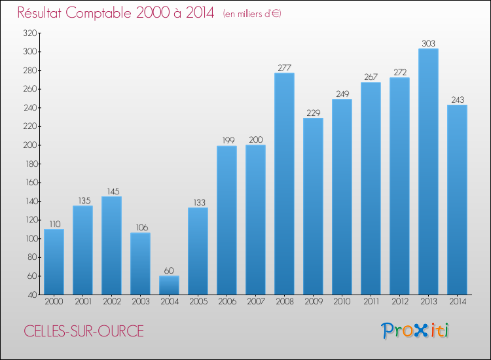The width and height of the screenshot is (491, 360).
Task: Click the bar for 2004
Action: pyautogui.click(x=169, y=285)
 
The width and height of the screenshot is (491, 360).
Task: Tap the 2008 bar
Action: pyautogui.click(x=284, y=183)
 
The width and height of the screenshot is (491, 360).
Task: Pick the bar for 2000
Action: pyautogui.click(x=54, y=262)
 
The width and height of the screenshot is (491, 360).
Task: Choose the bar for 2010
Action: pyautogui.click(x=342, y=196)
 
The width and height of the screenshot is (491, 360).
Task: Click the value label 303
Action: pyautogui.click(x=428, y=43)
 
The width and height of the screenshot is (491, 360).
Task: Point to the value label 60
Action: pyautogui.click(x=169, y=270)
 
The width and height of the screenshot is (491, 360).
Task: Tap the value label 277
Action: pyautogui.click(x=284, y=67)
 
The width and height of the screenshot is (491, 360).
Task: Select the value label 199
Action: pyautogui.click(x=227, y=140)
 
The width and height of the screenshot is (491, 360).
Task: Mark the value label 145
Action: pyautogui.click(x=111, y=191)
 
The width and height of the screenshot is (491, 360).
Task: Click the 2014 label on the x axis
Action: pyautogui.click(x=457, y=302)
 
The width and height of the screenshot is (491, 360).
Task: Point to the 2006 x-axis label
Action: pyautogui.click(x=227, y=302)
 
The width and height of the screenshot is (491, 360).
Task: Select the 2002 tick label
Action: pyautogui.click(x=111, y=302)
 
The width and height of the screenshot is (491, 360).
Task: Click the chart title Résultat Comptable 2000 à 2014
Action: pyautogui.click(x=116, y=13)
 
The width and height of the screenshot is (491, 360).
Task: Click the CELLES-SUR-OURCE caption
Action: pyautogui.click(x=84, y=331)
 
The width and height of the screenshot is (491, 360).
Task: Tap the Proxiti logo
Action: pyautogui.click(x=415, y=331)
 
